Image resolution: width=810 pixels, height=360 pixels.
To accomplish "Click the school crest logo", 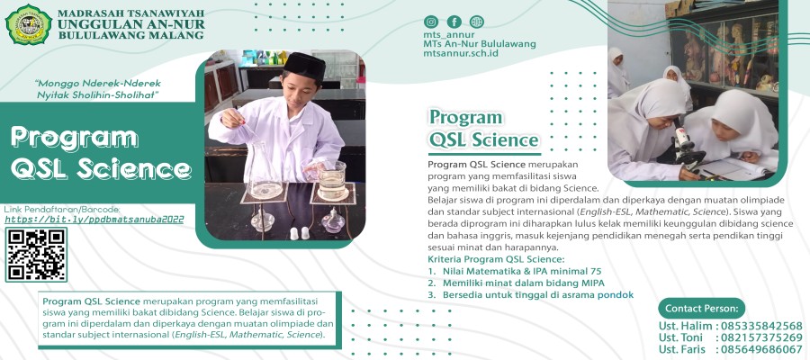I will pyautogui.click(x=28, y=25).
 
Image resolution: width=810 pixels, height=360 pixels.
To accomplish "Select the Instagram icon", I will pyautogui.click(x=431, y=22).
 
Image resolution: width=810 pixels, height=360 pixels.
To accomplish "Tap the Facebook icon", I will pyautogui.click(x=454, y=22).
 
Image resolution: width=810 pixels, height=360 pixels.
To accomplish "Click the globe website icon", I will pyautogui.click(x=476, y=22).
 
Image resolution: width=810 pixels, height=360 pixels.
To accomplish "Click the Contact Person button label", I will pyautogui.click(x=702, y=308).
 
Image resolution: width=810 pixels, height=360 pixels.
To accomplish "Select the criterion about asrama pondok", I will pyautogui.click(x=531, y=294).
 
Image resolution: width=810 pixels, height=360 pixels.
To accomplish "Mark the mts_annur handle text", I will pyautogui.click(x=448, y=35).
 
